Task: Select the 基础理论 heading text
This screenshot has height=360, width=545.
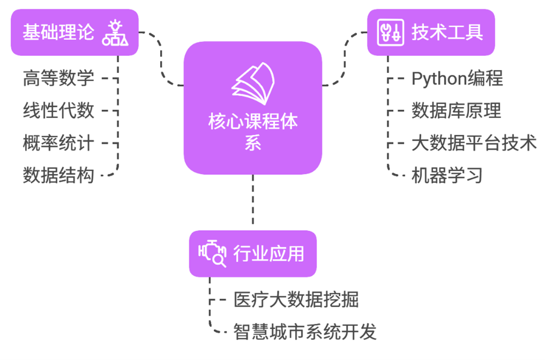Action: tap(58, 32)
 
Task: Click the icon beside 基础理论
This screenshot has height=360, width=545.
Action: tap(115, 32)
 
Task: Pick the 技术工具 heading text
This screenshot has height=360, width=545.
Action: tap(447, 32)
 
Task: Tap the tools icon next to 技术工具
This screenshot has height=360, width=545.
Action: tap(389, 32)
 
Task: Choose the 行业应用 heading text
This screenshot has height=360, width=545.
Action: tap(268, 253)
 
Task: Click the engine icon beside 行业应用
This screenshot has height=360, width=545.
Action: tap(212, 253)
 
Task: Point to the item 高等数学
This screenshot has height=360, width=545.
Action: tap(58, 78)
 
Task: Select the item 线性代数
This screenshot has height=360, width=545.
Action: tap(58, 111)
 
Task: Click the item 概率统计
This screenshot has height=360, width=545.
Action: tap(58, 143)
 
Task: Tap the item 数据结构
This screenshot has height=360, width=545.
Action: tap(58, 175)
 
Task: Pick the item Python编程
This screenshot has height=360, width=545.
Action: tap(457, 78)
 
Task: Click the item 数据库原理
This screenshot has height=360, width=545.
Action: tap(456, 111)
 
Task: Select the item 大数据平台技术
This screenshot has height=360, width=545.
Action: tap(474, 143)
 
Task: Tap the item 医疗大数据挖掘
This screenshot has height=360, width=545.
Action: tap(296, 299)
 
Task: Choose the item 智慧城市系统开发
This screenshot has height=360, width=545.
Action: tap(305, 332)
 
